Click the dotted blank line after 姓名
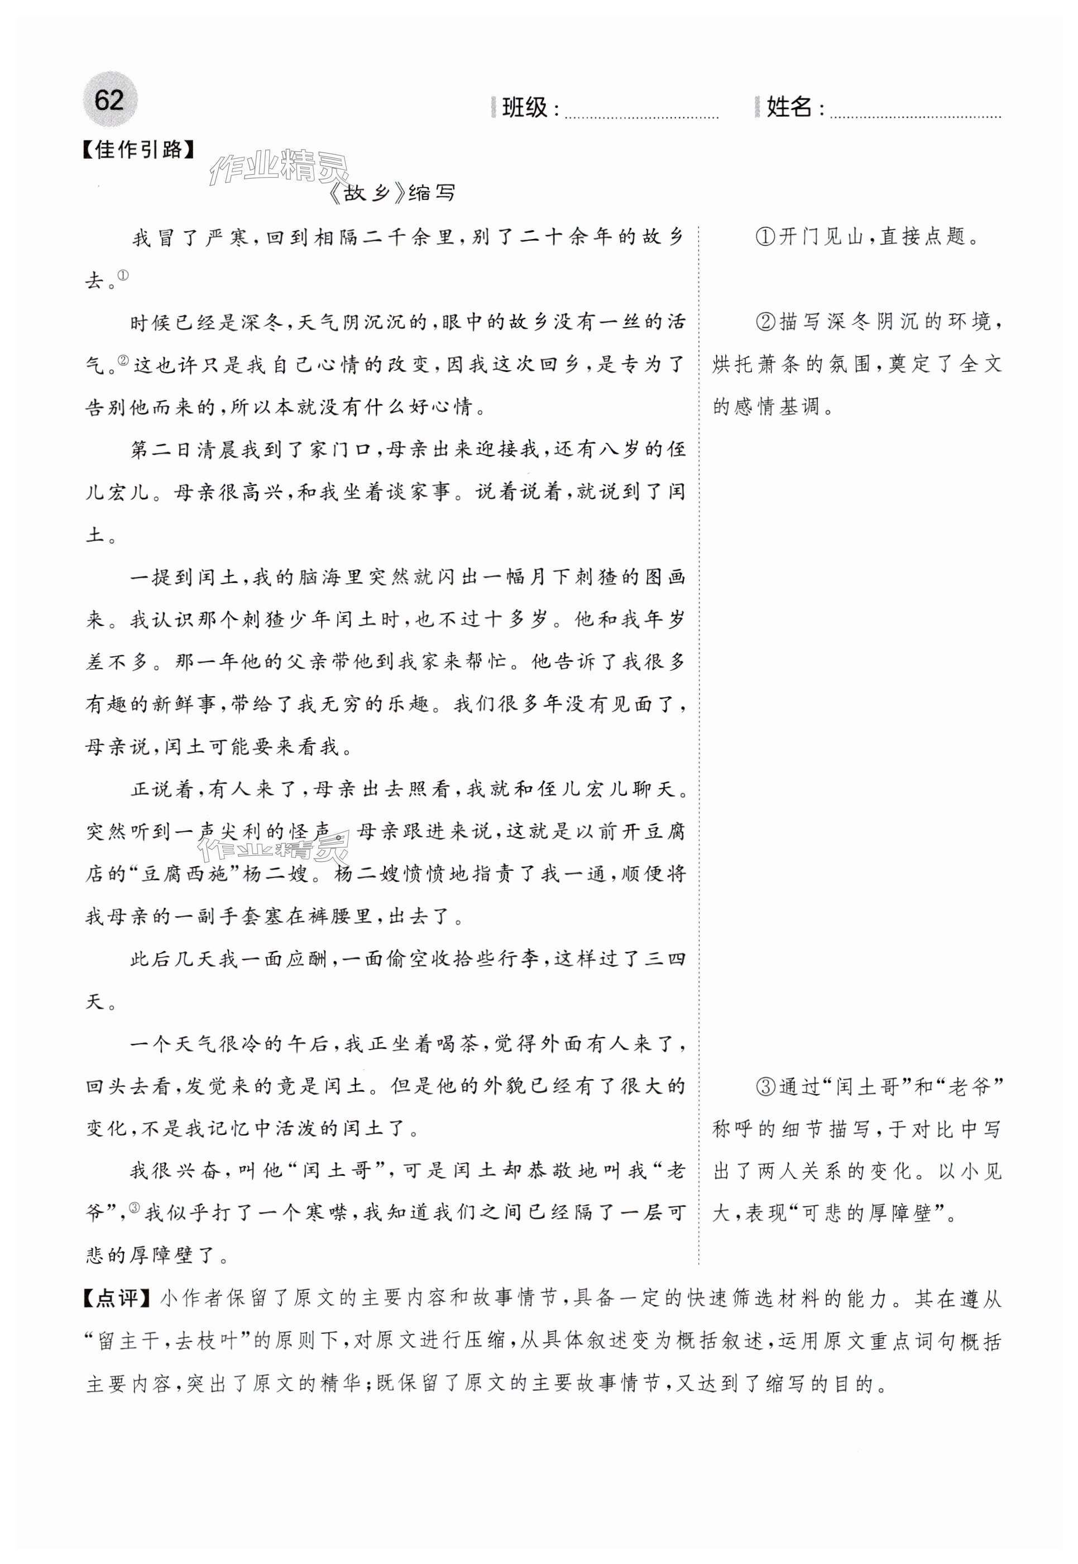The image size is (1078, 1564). point(914,115)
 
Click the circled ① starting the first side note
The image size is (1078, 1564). point(765,237)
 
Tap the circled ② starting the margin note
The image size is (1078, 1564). point(765,322)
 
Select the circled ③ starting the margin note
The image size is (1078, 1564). point(765,1087)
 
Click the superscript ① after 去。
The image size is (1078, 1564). point(123,274)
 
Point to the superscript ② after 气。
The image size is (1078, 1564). point(123,360)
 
